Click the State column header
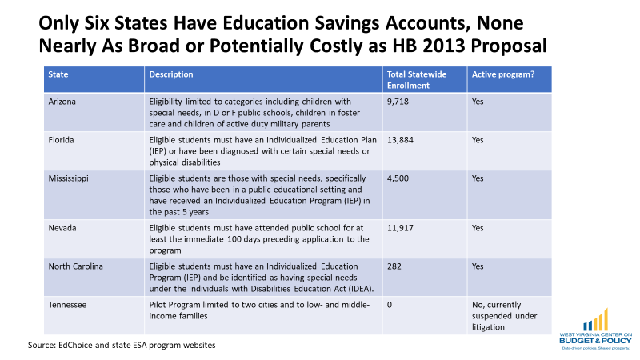pyautogui.click(x=58, y=74)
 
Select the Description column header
pyautogui.click(x=171, y=74)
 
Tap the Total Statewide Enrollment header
pyautogui.click(x=417, y=80)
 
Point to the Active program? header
pyautogui.click(x=503, y=74)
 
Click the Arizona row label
pyautogui.click(x=62, y=102)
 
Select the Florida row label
pyautogui.click(x=62, y=140)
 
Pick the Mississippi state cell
pyautogui.click(x=69, y=178)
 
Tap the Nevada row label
pyautogui.click(x=62, y=228)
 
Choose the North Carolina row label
pyautogui.click(x=75, y=266)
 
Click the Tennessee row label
pyautogui.click(x=67, y=305)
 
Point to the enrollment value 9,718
pyautogui.click(x=398, y=102)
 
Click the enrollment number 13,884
pyautogui.click(x=401, y=140)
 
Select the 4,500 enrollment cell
pyautogui.click(x=398, y=178)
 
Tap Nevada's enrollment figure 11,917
pyautogui.click(x=401, y=228)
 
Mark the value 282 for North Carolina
pyautogui.click(x=394, y=266)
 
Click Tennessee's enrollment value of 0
pyautogui.click(x=390, y=305)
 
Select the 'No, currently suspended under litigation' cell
pyautogui.click(x=505, y=316)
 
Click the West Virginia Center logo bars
pyautogui.click(x=596, y=320)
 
